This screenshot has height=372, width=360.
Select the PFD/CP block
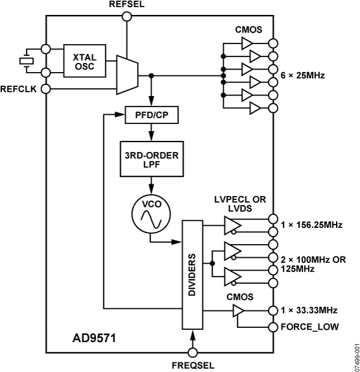pyautogui.click(x=151, y=116)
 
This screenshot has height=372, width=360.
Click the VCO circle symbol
pyautogui.click(x=150, y=213)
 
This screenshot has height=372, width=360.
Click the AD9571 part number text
pyautogui.click(x=95, y=338)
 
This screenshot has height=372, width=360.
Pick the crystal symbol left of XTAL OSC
pyautogui.click(x=25, y=60)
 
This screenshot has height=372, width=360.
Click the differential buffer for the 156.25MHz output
pyautogui.click(x=232, y=225)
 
